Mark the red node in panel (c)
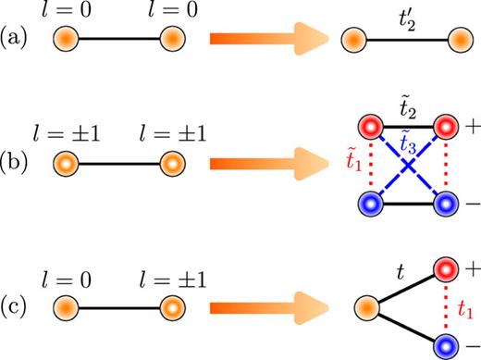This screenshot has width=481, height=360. tap(448, 268)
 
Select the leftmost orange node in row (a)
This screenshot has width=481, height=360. tap(64, 41)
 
